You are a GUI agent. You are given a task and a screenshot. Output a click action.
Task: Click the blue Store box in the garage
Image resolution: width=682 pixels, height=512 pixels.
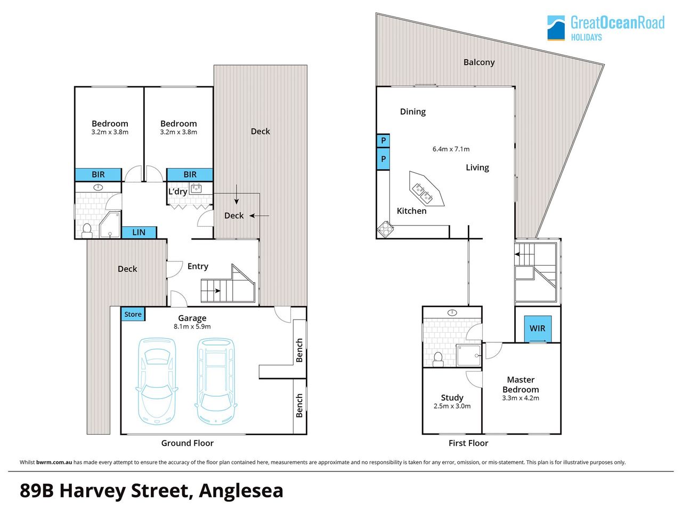click(x=133, y=314)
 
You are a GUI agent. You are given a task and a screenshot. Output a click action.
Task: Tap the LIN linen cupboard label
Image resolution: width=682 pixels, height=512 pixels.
click(x=139, y=232)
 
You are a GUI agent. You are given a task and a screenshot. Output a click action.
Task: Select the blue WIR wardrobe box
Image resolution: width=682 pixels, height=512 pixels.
click(x=538, y=329)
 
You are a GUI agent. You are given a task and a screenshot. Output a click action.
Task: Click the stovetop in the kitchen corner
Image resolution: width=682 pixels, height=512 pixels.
click(x=386, y=229)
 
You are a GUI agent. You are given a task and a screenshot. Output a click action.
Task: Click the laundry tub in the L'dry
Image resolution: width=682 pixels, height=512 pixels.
click(x=196, y=188)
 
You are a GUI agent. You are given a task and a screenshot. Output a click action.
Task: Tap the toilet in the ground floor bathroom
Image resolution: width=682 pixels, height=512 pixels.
click(x=87, y=230)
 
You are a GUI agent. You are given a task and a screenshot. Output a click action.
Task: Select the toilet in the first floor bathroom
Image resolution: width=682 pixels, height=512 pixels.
click(x=438, y=359)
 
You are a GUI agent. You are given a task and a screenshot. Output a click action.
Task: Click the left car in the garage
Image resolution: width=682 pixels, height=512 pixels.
click(x=157, y=382)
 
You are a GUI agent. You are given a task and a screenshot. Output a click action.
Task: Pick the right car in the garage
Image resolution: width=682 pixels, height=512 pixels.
click(x=216, y=382)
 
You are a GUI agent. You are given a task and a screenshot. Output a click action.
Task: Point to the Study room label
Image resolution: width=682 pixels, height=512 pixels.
click(x=452, y=398)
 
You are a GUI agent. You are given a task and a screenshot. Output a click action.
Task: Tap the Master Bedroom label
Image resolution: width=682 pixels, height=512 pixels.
click(x=521, y=385)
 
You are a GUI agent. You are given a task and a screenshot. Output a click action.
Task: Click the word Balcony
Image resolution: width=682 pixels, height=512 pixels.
click(x=479, y=62)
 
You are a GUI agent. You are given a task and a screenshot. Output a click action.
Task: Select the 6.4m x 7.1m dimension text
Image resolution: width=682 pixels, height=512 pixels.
click(x=451, y=149)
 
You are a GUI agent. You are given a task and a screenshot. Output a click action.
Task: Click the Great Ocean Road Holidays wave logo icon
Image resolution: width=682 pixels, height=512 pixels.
click(x=556, y=28)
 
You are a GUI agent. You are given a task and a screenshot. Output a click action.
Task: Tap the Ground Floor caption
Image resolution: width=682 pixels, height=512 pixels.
click(x=188, y=443)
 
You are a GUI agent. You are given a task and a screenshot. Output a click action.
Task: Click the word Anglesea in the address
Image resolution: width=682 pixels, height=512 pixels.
click(x=241, y=491)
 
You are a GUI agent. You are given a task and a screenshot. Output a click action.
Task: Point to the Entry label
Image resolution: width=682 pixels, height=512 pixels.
click(x=198, y=267)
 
